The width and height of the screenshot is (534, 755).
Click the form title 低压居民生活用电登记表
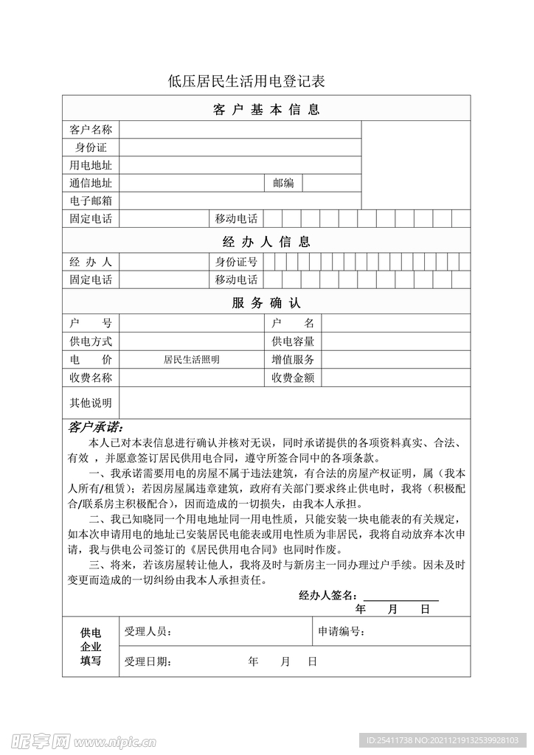point(246,81)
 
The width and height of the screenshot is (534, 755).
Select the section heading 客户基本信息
point(266,110)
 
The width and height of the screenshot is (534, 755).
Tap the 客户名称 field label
point(90,130)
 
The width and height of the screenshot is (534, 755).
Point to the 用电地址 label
point(90,165)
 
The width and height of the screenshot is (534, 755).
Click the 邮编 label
point(283,183)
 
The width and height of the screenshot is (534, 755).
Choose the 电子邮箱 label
point(90,201)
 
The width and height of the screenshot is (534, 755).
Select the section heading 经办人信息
point(266,241)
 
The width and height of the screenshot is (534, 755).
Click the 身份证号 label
point(236,262)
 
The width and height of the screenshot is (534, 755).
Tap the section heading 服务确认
point(266,303)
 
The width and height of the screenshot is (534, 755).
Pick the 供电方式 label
point(90,341)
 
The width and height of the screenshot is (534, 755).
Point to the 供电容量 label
point(293,341)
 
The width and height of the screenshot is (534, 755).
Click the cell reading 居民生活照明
point(192,360)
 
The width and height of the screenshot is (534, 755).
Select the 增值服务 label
point(293,360)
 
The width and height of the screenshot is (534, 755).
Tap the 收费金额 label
point(293,378)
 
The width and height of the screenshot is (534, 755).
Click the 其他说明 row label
point(90,403)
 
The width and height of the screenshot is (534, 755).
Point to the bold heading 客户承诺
point(96,428)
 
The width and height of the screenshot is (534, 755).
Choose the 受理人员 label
point(148,632)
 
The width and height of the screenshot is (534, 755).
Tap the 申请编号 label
point(341,632)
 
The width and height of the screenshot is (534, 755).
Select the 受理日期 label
point(148,661)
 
